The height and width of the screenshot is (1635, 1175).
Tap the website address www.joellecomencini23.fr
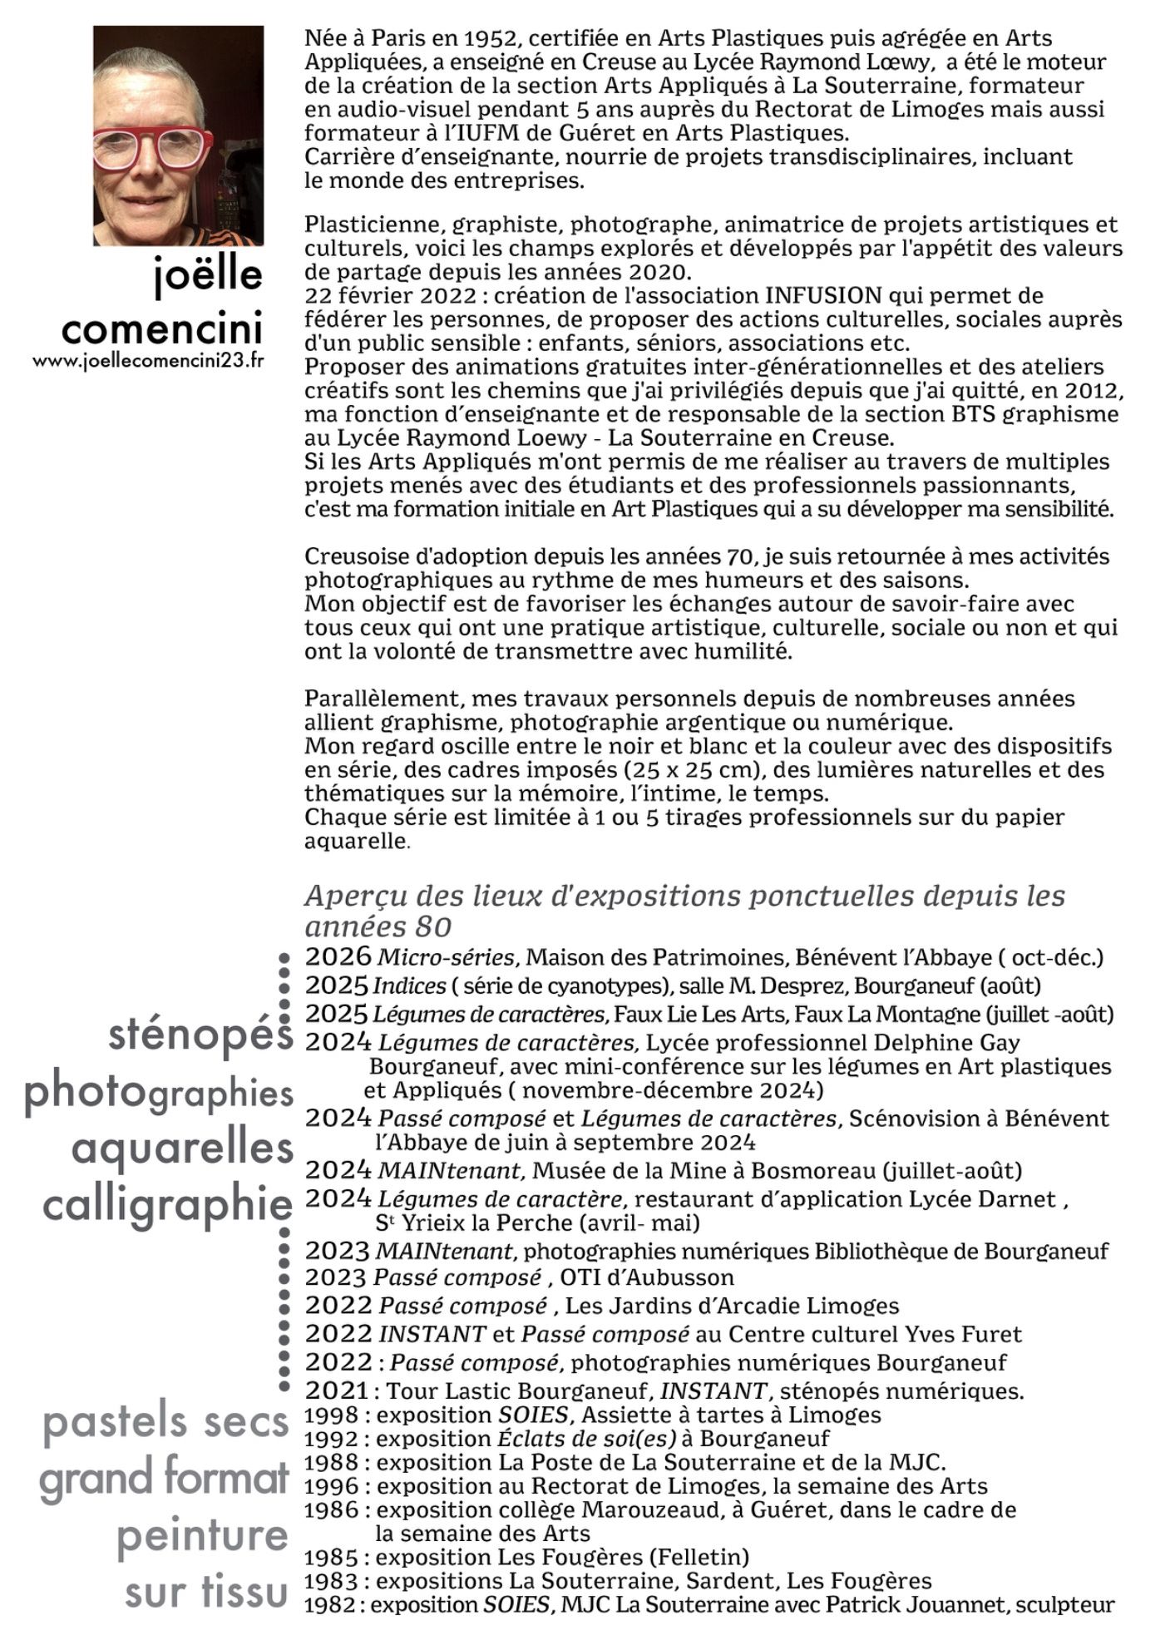(149, 362)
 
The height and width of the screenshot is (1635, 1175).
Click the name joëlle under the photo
(208, 276)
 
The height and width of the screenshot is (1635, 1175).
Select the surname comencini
(162, 328)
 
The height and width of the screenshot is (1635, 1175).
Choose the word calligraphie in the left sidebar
(167, 1204)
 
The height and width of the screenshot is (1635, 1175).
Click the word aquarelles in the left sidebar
(183, 1148)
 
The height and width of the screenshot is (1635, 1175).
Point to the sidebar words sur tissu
(206, 1592)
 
